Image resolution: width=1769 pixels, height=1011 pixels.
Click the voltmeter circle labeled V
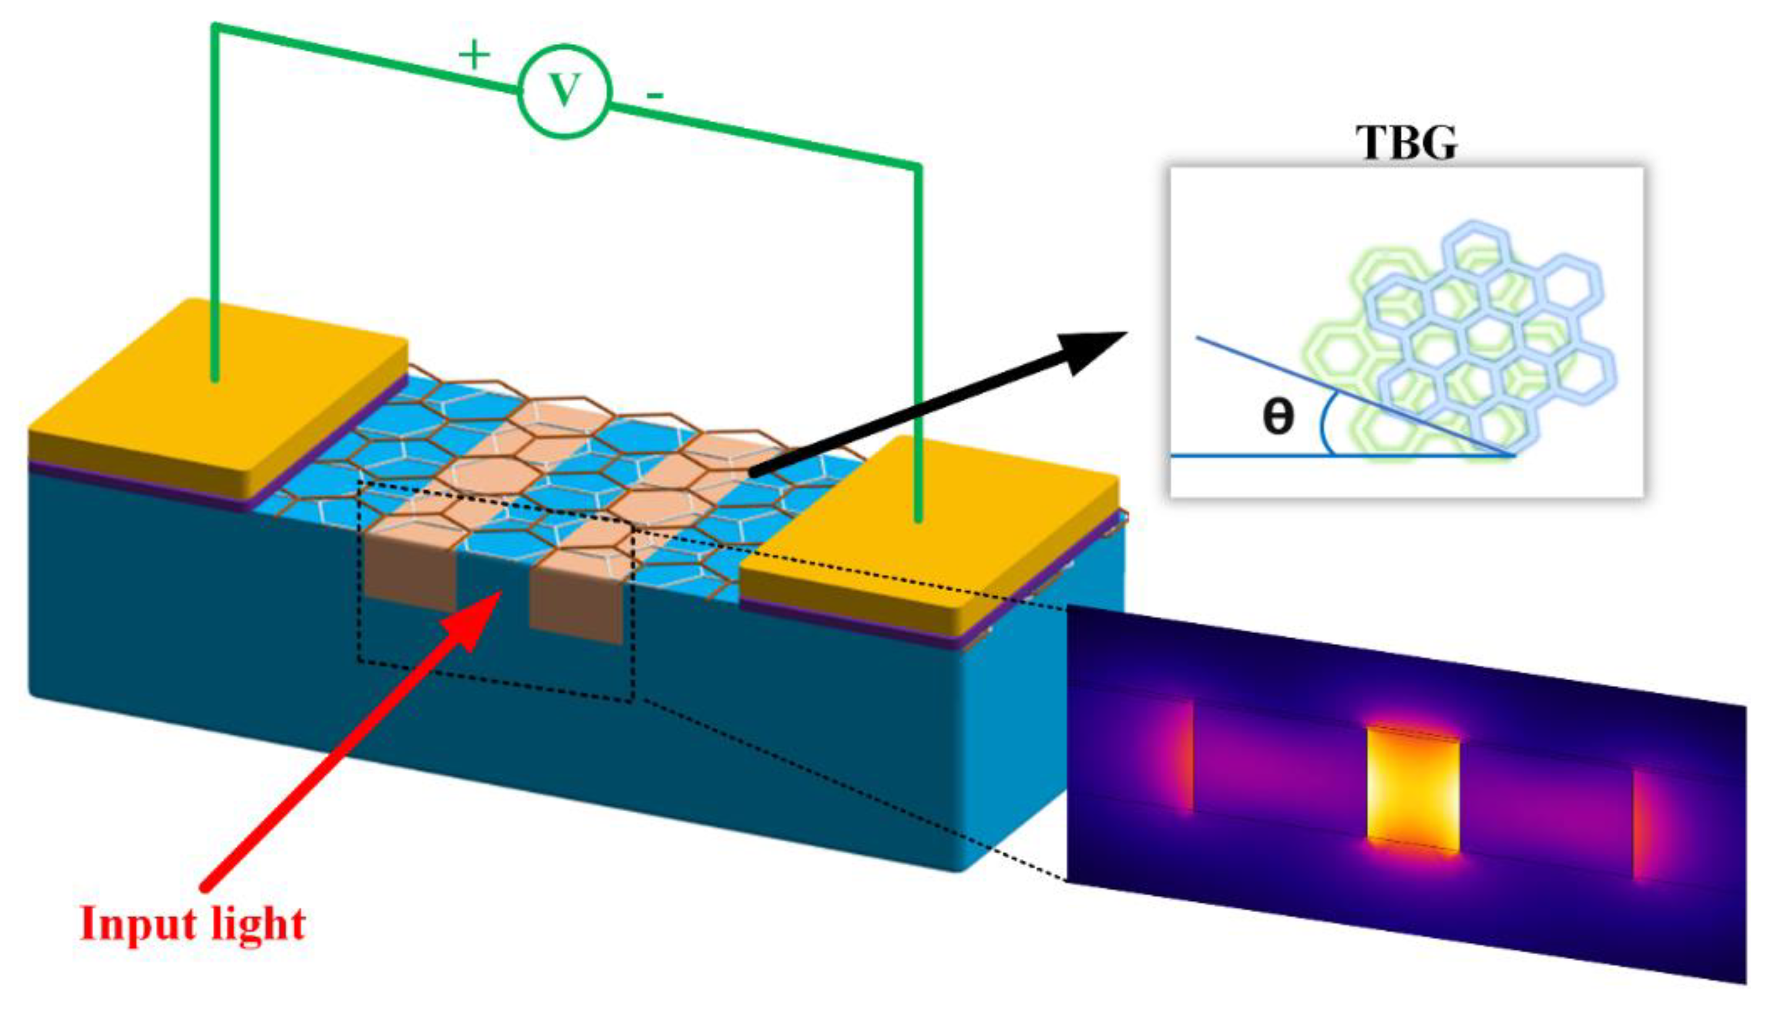click(564, 91)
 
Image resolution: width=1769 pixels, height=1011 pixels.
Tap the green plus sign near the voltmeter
click(475, 54)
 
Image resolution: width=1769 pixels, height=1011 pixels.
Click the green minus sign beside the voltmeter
click(655, 95)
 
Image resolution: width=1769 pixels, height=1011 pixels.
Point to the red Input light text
click(192, 924)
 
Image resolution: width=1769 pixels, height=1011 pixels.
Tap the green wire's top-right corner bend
click(919, 167)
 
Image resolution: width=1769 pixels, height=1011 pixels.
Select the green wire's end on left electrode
click(215, 378)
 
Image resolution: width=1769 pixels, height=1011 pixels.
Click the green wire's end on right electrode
click(919, 518)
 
